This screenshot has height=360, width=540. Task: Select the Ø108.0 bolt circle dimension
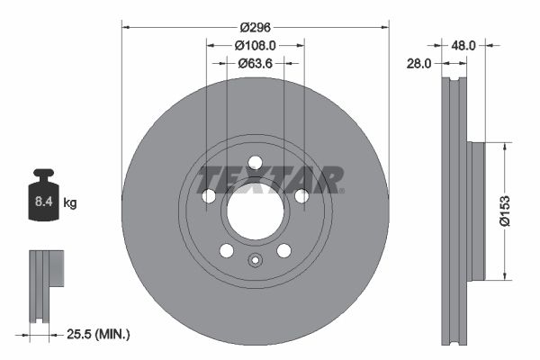[x=255, y=44]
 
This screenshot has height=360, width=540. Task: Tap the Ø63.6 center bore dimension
[x=255, y=63]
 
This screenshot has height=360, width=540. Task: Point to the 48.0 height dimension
[x=463, y=43]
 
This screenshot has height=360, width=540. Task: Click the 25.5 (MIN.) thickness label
[x=98, y=334]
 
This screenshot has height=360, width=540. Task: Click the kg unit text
[x=70, y=203]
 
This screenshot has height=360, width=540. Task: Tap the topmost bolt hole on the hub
[x=255, y=162]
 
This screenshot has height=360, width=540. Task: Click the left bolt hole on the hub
[x=209, y=196]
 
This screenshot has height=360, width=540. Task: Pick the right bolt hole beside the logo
[x=301, y=196]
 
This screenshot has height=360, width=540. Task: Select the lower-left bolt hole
[x=226, y=250]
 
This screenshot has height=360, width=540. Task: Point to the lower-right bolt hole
[x=283, y=250]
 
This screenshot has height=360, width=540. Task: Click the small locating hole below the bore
[x=255, y=262]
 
